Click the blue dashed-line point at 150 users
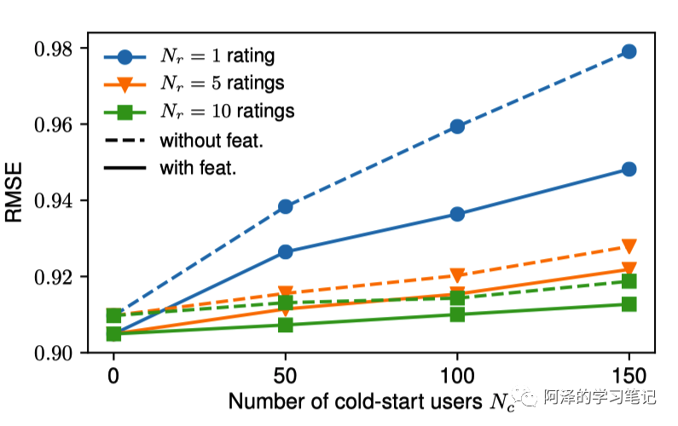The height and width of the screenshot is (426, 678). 629,51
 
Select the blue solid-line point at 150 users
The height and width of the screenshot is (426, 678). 629,169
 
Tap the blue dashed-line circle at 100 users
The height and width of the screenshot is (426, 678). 457,126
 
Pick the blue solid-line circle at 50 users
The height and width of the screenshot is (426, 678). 286,251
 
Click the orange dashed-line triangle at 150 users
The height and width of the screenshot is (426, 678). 629,246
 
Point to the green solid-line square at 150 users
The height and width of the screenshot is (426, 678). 629,304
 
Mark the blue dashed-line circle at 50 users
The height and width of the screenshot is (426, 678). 286,206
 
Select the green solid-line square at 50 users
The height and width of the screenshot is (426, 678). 286,325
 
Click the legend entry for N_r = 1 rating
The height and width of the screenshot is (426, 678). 217,57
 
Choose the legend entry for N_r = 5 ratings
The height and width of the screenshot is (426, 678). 223,83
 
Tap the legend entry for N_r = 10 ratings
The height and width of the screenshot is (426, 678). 227,111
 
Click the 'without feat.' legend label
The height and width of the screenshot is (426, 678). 210,138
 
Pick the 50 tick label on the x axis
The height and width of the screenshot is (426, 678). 286,376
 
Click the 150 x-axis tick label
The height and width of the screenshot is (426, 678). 629,376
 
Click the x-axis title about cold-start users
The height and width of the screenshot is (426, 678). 372,400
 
